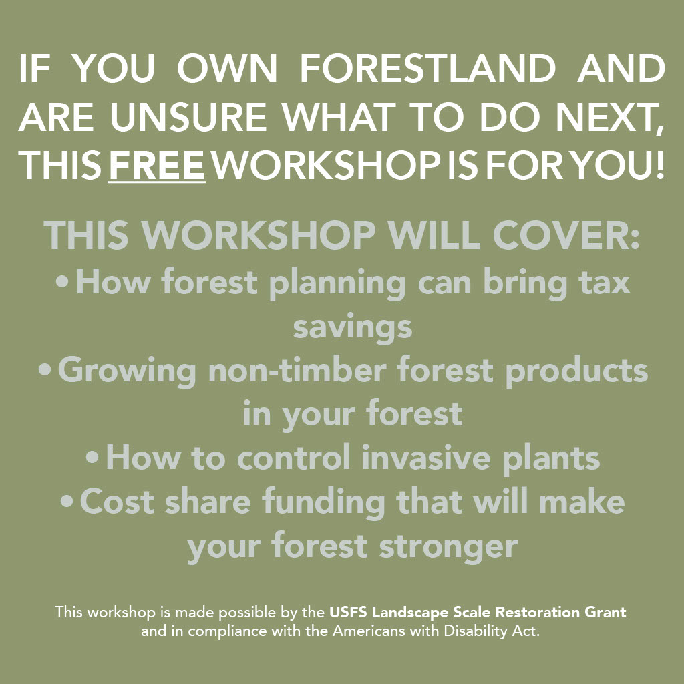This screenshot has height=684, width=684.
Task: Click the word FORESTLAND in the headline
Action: click(427, 69)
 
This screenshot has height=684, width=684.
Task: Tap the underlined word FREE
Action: click(156, 166)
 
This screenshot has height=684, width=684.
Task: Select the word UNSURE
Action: click(188, 117)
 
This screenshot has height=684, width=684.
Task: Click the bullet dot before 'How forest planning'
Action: click(62, 282)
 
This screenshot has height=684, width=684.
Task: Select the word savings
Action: click(353, 328)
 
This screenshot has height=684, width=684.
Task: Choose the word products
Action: click(576, 371)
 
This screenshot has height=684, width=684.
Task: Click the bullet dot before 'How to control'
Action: click(92, 458)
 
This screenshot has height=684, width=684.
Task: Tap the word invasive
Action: click(425, 458)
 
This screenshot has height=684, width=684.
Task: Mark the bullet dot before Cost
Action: click(67, 501)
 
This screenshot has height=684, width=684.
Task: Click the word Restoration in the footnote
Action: click(538, 612)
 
